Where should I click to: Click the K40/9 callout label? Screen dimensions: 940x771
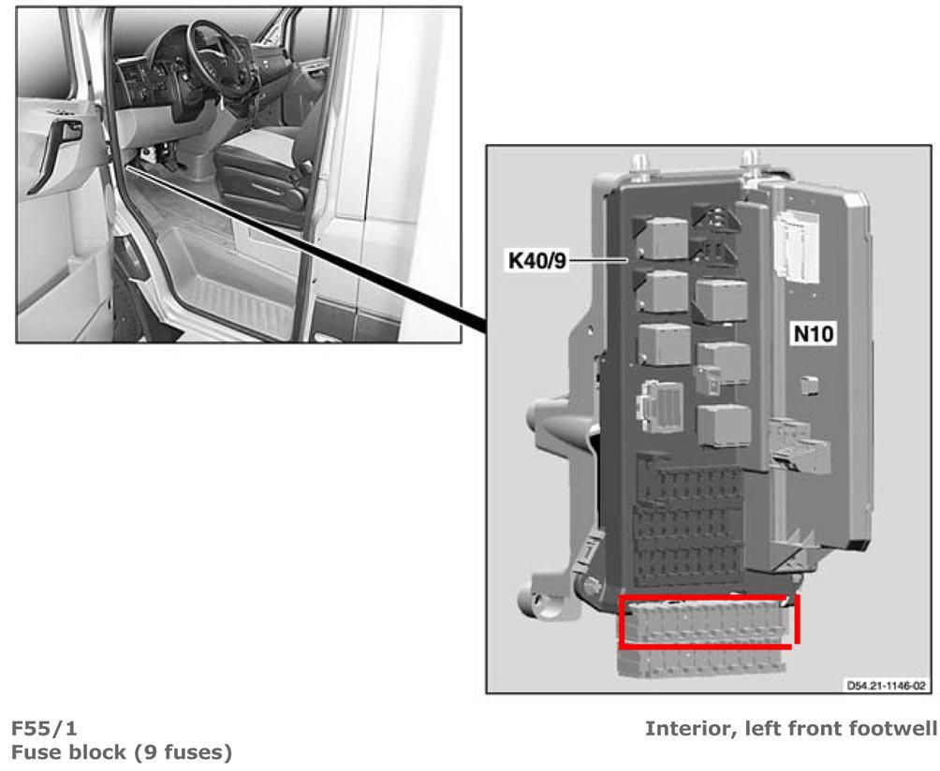[536, 261]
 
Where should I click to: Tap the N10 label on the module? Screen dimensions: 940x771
[813, 334]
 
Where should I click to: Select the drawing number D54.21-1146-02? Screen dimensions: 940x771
[886, 685]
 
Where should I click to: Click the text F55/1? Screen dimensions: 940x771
[44, 728]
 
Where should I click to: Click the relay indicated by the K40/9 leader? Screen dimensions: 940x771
[664, 239]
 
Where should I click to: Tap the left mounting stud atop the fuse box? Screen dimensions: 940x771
[639, 167]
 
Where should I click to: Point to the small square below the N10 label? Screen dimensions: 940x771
[810, 385]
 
